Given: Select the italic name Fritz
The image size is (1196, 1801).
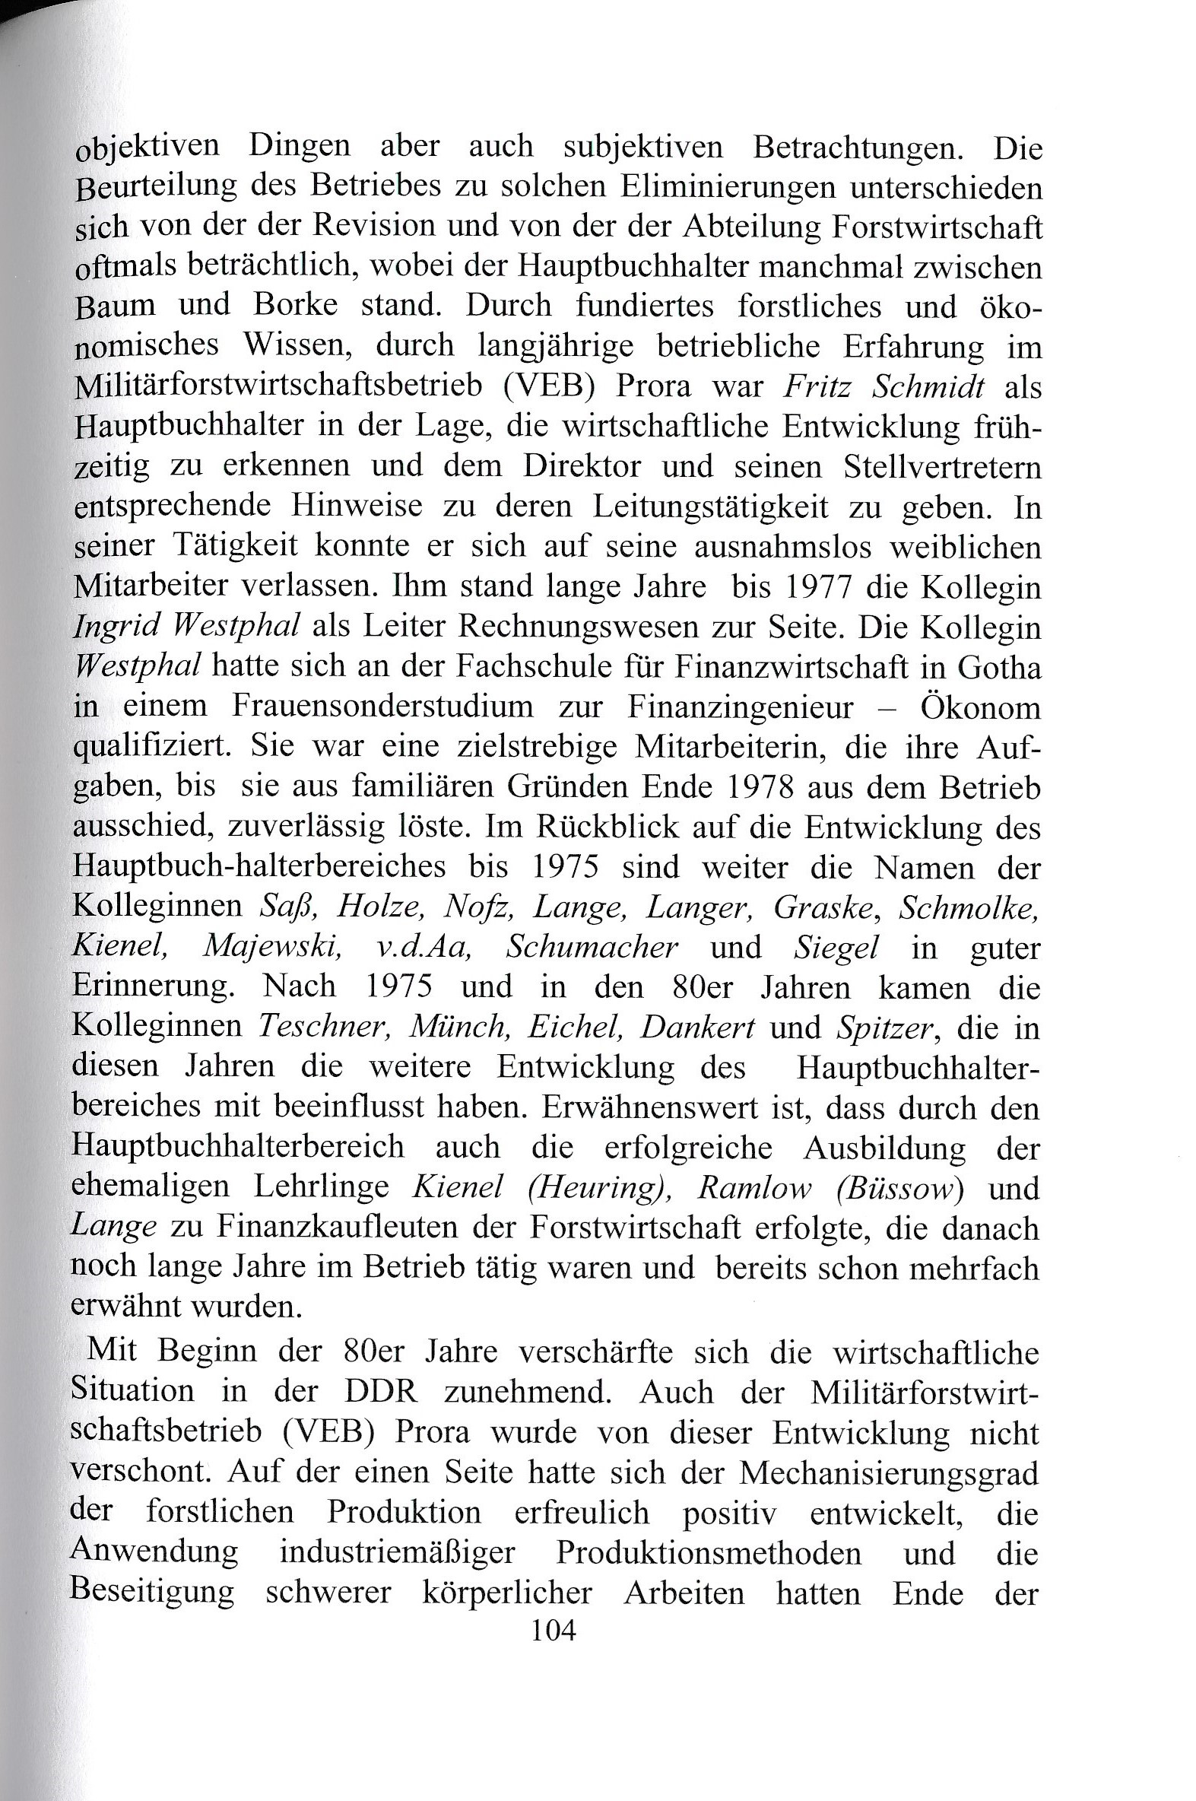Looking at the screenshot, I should pos(819,387).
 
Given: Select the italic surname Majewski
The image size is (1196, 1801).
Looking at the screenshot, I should pos(273,947).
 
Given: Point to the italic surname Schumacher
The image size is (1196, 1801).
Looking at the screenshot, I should pos(592,947).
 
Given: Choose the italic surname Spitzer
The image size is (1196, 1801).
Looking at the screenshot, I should pos(884,1027).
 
